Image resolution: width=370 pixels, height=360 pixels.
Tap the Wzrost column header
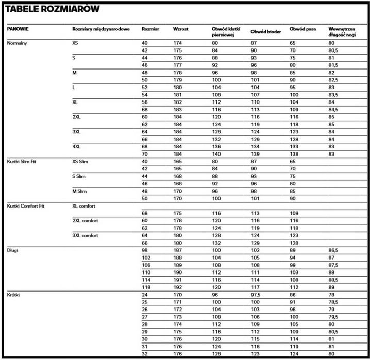181,29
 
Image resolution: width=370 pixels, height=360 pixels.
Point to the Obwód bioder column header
266,31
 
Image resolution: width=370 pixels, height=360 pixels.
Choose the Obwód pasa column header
303,29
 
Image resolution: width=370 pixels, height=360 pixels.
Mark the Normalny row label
17,43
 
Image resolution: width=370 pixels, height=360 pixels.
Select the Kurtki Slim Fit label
23,161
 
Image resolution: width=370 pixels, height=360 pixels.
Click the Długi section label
13,250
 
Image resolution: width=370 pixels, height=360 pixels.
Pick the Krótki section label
14,295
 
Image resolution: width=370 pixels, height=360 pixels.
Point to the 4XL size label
77,146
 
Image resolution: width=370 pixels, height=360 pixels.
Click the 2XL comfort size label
86,220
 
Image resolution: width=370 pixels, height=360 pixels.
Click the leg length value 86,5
334,250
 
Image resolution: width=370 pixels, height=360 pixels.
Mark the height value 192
178,287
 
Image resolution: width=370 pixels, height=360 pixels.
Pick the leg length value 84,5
334,109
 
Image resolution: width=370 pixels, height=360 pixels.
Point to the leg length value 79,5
334,317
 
